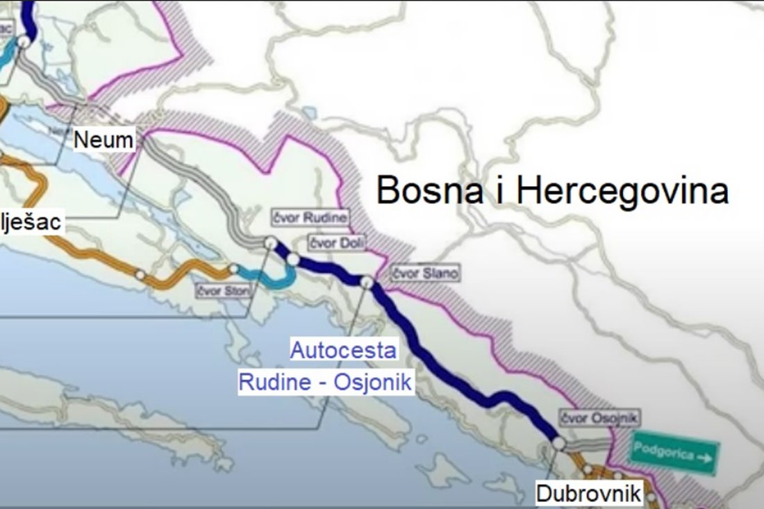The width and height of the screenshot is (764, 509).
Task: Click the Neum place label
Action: point(103,140)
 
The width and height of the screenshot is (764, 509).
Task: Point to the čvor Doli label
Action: point(336,242)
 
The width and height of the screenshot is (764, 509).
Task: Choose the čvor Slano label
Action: point(424,273)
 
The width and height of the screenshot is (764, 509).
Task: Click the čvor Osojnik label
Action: point(599,418)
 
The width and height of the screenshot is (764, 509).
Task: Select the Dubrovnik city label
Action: point(588,494)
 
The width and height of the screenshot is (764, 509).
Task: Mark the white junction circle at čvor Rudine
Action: point(270,242)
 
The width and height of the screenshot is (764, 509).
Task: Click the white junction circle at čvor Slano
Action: point(367,281)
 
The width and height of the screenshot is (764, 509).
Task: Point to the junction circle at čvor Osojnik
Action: point(559,442)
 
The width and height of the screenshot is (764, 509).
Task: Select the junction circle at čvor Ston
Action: point(233,269)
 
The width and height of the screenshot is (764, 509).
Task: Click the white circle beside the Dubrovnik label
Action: point(651,496)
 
